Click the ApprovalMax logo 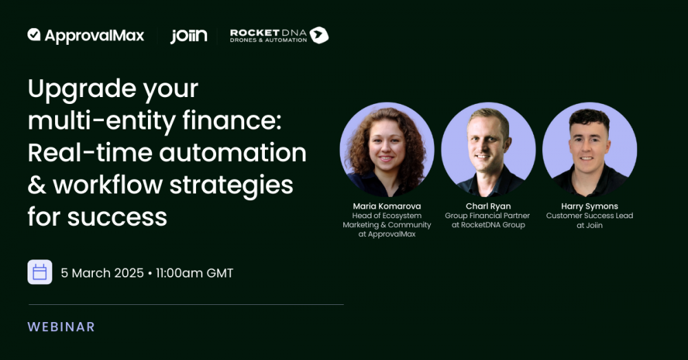[85, 36]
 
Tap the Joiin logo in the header [189, 36]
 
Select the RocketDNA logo [279, 35]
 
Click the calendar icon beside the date [40, 272]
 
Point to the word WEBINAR [61, 327]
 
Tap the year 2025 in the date [129, 273]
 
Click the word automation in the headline [233, 153]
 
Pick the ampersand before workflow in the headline [37, 185]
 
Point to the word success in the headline [117, 218]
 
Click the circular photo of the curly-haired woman [387, 149]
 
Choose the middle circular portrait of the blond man [488, 149]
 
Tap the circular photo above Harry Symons [590, 149]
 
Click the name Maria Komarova [387, 206]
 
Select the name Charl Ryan [488, 206]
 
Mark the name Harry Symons [590, 206]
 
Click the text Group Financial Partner [488, 215]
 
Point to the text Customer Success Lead [590, 215]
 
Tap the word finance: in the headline [232, 120]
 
